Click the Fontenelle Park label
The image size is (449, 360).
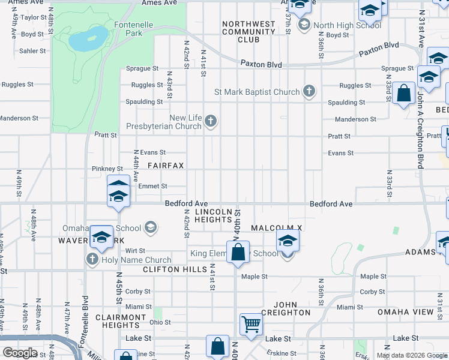[128, 29]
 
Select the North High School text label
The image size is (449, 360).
[347, 25]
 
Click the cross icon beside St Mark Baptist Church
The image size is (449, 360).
[309, 91]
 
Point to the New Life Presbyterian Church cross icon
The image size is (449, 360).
[210, 122]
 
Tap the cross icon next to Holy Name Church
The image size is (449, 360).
[92, 259]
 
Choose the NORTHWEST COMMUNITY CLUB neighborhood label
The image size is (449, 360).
[249, 32]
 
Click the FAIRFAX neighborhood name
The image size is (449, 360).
[165, 165]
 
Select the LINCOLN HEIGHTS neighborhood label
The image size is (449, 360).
[213, 216]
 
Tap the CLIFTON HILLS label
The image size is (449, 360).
[169, 270]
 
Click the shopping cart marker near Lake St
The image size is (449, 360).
[252, 325]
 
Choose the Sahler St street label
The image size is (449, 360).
[33, 51]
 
